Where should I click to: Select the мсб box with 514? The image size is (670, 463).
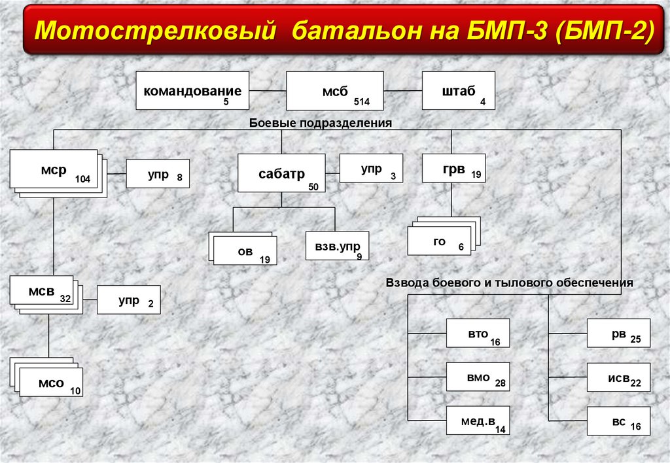[x=334, y=91]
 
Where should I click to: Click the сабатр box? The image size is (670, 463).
[x=281, y=173]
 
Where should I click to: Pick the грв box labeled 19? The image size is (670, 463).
[x=453, y=170]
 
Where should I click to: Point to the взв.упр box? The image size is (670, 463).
[x=337, y=247]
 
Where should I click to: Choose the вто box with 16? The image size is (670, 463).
[x=478, y=334]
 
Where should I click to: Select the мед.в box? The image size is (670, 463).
[x=478, y=420]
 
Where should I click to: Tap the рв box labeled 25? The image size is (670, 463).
[x=618, y=334]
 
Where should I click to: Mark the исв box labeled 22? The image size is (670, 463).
[x=618, y=377]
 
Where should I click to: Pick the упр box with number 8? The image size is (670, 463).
[x=158, y=174]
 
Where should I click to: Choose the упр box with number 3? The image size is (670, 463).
[x=371, y=168]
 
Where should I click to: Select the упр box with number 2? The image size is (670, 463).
[x=128, y=300]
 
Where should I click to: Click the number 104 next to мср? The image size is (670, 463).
[x=82, y=179]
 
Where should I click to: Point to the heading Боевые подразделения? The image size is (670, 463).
[x=320, y=122]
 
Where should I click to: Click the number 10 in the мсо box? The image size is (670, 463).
[x=75, y=391]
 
